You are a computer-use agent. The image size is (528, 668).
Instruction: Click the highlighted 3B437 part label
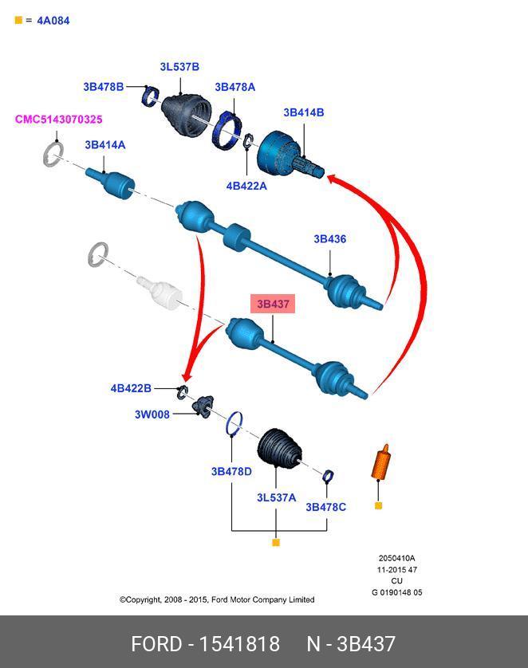pos(273,305)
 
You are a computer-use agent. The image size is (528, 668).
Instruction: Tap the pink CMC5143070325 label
pos(59,120)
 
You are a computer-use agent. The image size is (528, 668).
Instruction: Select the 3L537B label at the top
pos(179,67)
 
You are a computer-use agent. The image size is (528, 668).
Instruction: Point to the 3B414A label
pos(104,145)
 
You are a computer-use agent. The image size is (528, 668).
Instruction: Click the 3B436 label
pos(330,239)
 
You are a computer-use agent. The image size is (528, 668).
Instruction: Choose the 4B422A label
pos(246,186)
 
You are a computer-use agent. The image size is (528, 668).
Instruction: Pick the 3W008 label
pos(152,415)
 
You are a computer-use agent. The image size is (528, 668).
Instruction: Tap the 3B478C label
pos(325,507)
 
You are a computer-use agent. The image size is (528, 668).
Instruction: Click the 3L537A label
pos(276,497)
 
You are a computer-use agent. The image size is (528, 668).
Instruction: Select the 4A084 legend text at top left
pos(53,21)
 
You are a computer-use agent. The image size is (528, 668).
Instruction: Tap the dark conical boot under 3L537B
pos(186,114)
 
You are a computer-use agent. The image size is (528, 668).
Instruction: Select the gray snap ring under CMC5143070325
pos(53,154)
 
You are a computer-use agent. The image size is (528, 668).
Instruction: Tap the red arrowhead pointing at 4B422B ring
pos(187,376)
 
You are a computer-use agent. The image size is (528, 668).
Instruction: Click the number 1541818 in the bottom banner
pos(239,644)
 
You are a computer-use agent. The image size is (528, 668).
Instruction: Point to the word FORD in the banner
pos(156,644)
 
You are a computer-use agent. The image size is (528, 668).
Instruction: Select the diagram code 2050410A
pos(396,558)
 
